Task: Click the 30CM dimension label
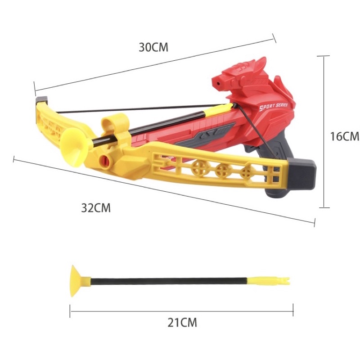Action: click(x=153, y=47)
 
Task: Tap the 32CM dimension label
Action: click(x=96, y=208)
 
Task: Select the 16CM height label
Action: click(x=345, y=136)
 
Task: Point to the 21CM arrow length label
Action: click(x=182, y=322)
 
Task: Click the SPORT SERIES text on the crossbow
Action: click(x=274, y=107)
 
